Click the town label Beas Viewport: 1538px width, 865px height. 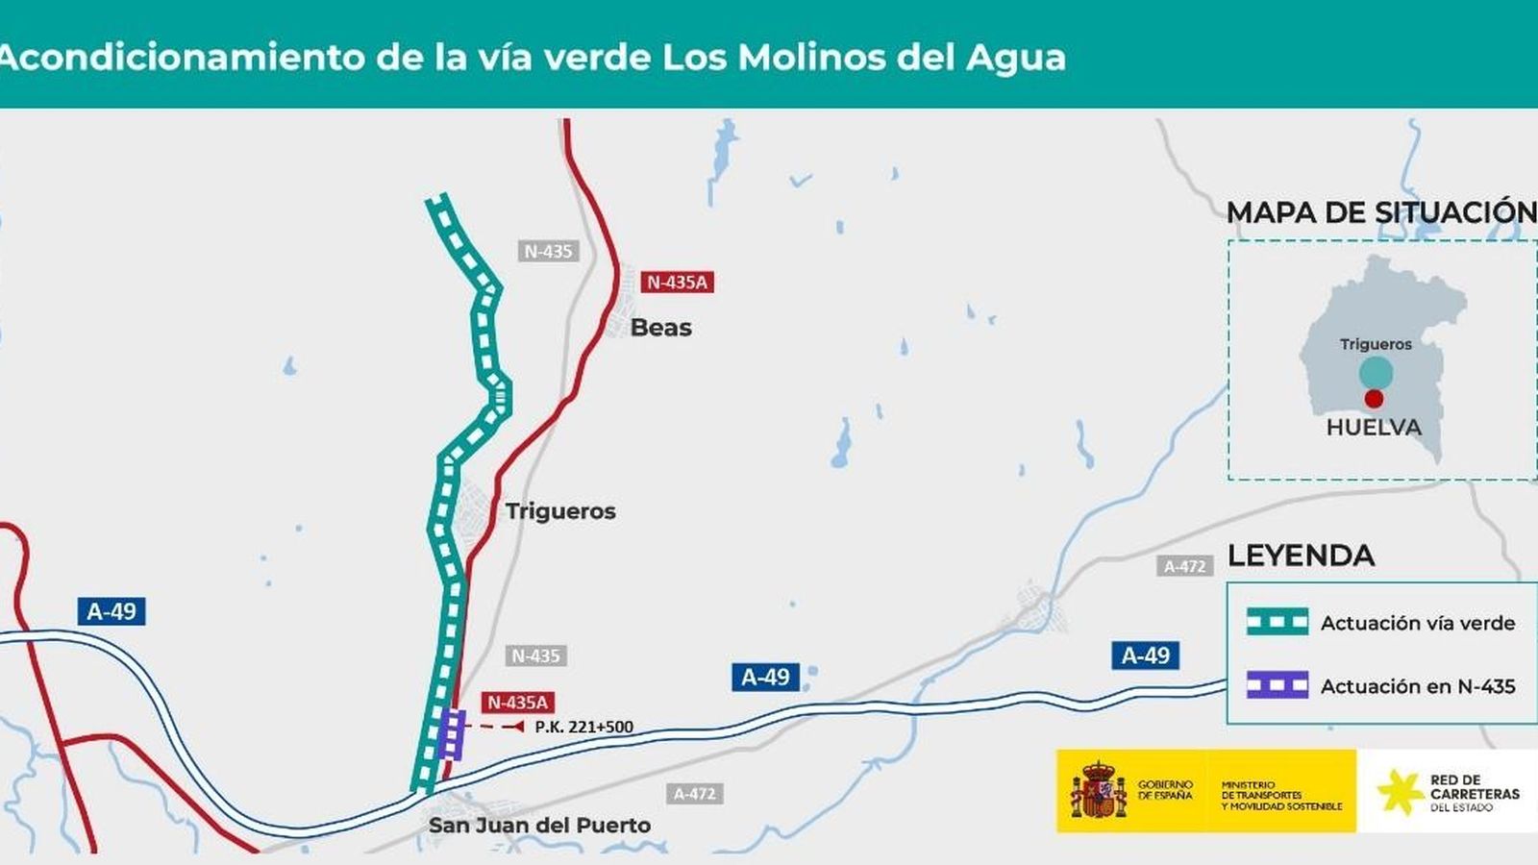pyautogui.click(x=660, y=328)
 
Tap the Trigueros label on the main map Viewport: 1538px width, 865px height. pyautogui.click(x=560, y=511)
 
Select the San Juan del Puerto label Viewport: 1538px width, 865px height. pyautogui.click(x=539, y=826)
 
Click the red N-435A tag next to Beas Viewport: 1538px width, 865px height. pyautogui.click(x=678, y=282)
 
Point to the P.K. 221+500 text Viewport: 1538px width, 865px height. pyautogui.click(x=583, y=728)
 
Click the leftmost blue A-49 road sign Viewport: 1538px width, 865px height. pyautogui.click(x=112, y=611)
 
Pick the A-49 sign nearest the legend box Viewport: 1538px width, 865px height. pyautogui.click(x=1146, y=655)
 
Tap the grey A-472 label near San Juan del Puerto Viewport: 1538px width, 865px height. pyautogui.click(x=694, y=794)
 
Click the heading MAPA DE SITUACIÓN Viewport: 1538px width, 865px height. pyautogui.click(x=1381, y=212)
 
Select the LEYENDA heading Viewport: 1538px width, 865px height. pyautogui.click(x=1301, y=556)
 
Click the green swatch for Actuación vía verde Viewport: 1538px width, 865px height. pyautogui.click(x=1277, y=622)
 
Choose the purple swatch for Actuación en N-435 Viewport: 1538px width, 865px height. pyautogui.click(x=1277, y=685)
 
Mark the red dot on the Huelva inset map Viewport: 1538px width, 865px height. pyautogui.click(x=1375, y=398)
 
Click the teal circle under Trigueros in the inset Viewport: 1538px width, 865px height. pyautogui.click(x=1376, y=372)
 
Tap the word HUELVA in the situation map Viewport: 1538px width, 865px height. pyautogui.click(x=1374, y=428)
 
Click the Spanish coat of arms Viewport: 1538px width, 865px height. pyautogui.click(x=1098, y=791)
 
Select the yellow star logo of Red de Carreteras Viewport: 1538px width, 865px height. pyautogui.click(x=1400, y=792)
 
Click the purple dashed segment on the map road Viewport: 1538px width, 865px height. pyautogui.click(x=452, y=735)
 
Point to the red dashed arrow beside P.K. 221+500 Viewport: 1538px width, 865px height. pyautogui.click(x=501, y=727)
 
